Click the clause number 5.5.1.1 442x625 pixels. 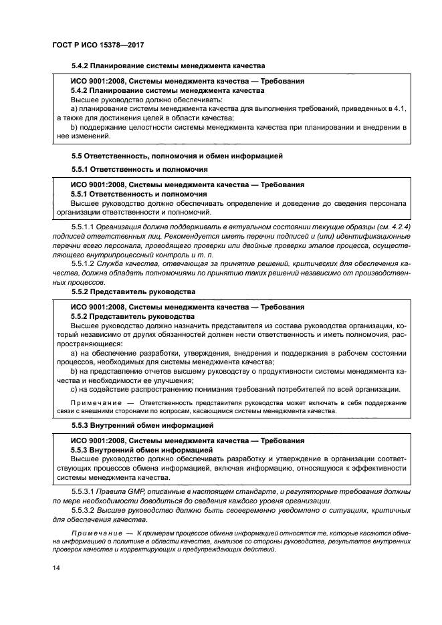(x=82, y=227)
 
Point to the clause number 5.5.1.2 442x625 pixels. (x=82, y=263)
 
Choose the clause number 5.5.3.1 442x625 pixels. (x=82, y=491)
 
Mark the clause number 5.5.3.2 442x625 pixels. (x=82, y=510)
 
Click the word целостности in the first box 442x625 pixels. (x=146, y=126)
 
